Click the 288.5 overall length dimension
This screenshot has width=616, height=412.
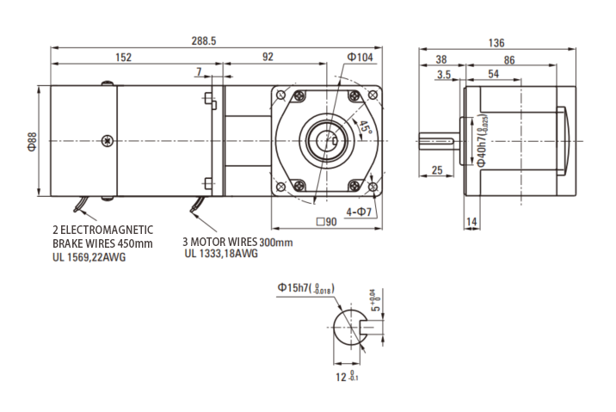coord(204,41)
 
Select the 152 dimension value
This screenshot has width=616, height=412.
coord(123,58)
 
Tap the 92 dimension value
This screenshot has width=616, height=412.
coord(268,57)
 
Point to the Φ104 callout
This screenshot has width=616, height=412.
coord(360,58)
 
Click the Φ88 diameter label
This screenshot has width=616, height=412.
coord(32,141)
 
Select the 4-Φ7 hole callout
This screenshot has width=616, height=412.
coord(359,212)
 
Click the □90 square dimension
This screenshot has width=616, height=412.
coord(326,222)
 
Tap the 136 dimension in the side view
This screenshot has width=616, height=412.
coord(496,43)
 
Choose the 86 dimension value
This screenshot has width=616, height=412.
coord(509,60)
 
